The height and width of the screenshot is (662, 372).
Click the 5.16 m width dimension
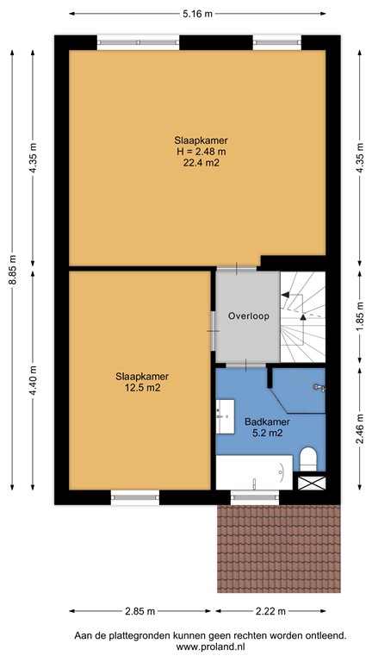pos(197,15)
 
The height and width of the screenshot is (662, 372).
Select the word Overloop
pos(249,316)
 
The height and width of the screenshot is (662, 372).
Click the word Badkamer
pos(266,422)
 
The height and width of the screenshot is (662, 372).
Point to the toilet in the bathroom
pos(308,457)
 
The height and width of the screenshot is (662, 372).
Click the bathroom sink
pos(226,416)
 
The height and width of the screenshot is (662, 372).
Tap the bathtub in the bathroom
pos(253,472)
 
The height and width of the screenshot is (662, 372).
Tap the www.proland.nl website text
pos(209,646)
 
